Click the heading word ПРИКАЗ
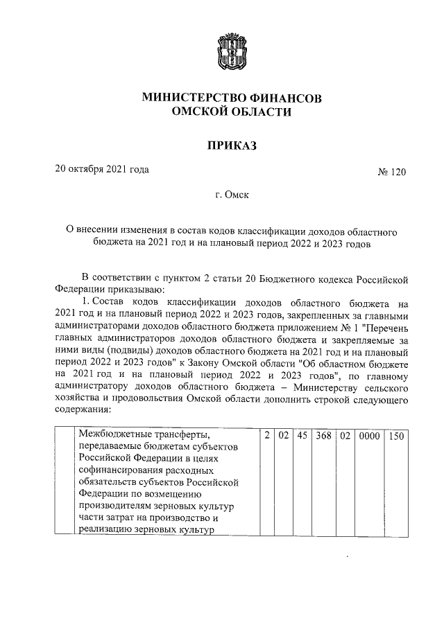click(x=232, y=145)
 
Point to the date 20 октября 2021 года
click(x=102, y=169)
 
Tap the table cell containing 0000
click(x=368, y=437)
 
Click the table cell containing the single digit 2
click(x=266, y=437)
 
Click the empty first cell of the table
click(x=66, y=482)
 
